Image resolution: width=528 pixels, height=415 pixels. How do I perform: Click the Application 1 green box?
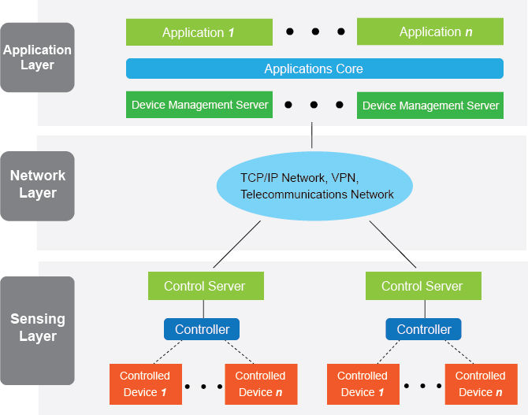pos(199,32)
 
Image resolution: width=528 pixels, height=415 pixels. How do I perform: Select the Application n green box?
pos(429,32)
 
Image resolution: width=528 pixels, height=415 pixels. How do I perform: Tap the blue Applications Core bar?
pos(314,69)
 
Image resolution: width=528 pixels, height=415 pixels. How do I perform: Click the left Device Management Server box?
pos(199,105)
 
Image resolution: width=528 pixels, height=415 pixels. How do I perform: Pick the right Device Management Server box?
pos(430,105)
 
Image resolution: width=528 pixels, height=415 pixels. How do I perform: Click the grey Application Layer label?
pos(37,57)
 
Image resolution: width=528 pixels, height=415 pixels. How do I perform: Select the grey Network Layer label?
pos(37,185)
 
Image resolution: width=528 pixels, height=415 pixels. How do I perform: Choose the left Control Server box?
pos(205,286)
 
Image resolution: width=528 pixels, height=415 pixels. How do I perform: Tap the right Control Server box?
pos(422,286)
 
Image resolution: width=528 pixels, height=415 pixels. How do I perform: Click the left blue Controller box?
pos(202,329)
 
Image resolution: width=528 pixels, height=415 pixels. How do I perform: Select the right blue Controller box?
pos(424,329)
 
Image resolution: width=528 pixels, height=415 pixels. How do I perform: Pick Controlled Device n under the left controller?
pos(261,384)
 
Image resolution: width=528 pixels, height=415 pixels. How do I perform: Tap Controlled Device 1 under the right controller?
pos(363,384)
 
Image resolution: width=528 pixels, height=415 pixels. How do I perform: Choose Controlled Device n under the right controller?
pos(481,384)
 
